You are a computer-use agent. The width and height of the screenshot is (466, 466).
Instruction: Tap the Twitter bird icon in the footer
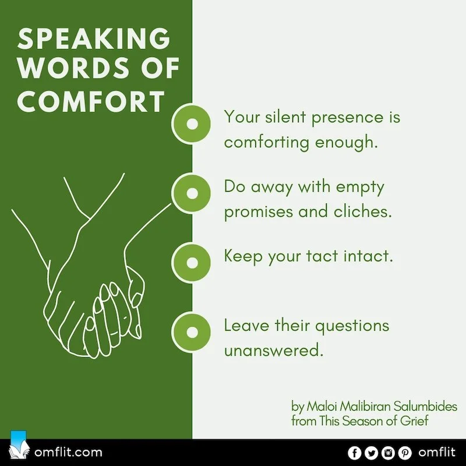click(370, 453)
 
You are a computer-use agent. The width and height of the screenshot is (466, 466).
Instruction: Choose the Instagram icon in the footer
click(386, 453)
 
